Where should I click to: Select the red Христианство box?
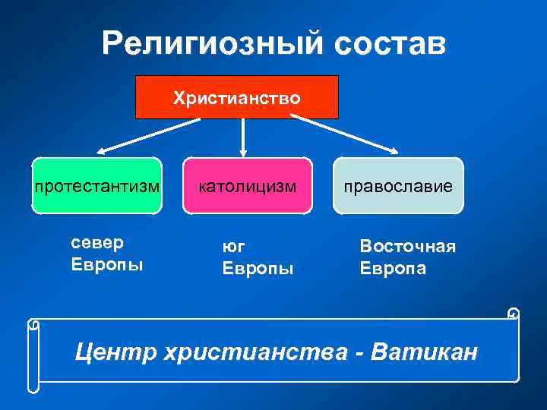coord(236,97)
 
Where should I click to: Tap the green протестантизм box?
coord(96,184)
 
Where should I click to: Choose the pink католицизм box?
coord(247,184)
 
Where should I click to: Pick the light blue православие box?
coord(397,184)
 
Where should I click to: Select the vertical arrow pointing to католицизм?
coord(242,137)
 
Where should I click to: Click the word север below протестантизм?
coord(96,244)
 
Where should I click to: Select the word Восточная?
coord(407,248)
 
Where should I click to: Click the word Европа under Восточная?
coord(393,269)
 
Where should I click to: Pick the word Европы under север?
coord(106,265)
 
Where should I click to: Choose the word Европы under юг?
coord(257,269)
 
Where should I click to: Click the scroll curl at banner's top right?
coord(514,314)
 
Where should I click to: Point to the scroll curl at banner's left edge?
coord(33,325)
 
